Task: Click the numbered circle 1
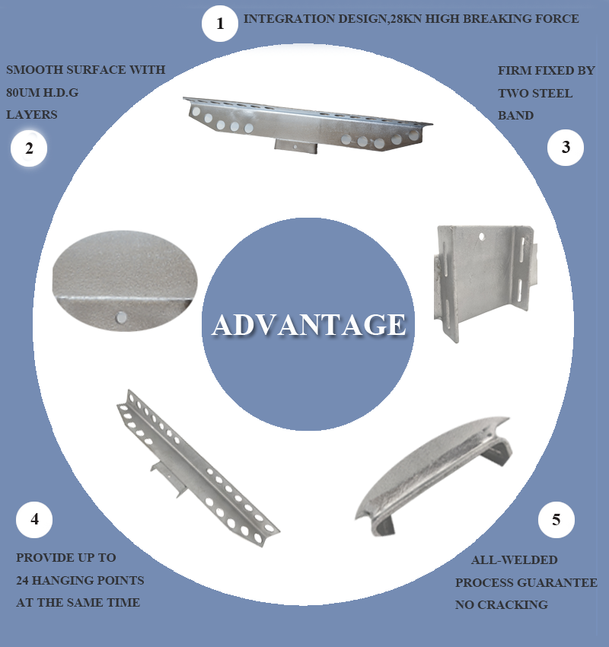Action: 220,24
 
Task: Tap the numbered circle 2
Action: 29,148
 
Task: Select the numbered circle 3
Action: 566,148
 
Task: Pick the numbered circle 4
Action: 34,519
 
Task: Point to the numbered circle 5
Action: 556,520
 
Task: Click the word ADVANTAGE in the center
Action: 308,325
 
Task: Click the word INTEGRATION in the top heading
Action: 289,19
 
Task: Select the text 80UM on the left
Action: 23,92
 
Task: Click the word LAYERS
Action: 32,115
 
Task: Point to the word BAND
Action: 516,116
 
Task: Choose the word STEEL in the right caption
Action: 552,94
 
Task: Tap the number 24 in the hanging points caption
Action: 22,581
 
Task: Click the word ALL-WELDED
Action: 515,560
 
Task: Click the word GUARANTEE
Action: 562,582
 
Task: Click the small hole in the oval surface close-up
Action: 121,317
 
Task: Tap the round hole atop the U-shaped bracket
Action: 482,237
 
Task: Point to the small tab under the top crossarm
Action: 296,146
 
